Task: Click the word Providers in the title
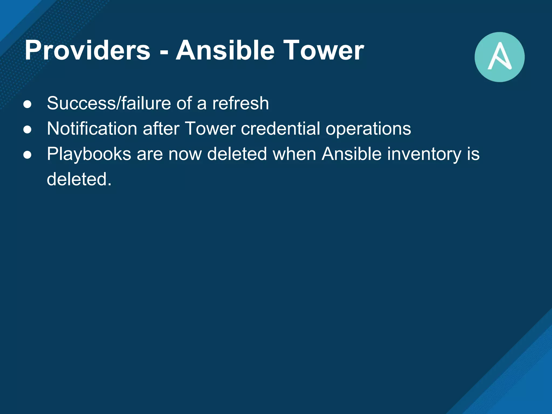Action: pyautogui.click(x=87, y=50)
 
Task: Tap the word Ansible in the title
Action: pyautogui.click(x=225, y=50)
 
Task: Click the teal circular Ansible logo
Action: pyautogui.click(x=499, y=57)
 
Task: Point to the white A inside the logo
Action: pyautogui.click(x=499, y=56)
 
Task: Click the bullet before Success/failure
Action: pyautogui.click(x=27, y=104)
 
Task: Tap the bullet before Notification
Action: pyautogui.click(x=27, y=129)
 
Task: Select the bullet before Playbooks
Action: pyautogui.click(x=27, y=155)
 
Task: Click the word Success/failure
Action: pyautogui.click(x=109, y=103)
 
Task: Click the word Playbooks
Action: pyautogui.click(x=89, y=154)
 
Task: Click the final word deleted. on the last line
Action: pyautogui.click(x=79, y=179)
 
